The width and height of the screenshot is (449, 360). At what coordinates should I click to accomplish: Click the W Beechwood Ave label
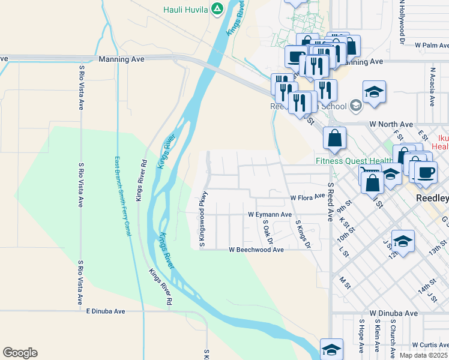coord(256,250)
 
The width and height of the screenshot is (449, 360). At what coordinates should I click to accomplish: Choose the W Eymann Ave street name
coord(270,214)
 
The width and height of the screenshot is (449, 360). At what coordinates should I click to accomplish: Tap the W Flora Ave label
coord(307,197)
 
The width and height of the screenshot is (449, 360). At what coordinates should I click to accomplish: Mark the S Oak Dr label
coord(268,232)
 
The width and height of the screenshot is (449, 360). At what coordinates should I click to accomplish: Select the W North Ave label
coord(391,124)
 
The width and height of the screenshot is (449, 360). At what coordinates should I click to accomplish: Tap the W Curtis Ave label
coord(424,344)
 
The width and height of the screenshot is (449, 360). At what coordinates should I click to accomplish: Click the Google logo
coord(20,353)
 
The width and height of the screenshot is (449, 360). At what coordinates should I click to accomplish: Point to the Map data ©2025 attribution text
coord(423,355)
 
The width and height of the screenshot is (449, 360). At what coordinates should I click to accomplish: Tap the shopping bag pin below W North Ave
coord(334,138)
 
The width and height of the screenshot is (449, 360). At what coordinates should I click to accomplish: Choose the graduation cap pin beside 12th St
coord(403,242)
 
